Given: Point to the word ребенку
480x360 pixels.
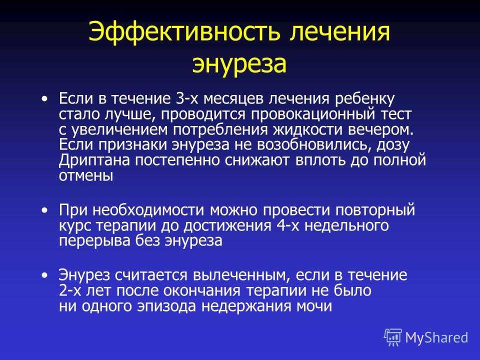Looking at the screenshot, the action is click(365, 99).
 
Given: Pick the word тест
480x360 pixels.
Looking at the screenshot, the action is click(396, 114).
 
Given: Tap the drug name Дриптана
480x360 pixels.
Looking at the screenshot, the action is click(94, 160).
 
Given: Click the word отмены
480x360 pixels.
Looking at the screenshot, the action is click(86, 176).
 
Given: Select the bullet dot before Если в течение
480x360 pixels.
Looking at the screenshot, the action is click(45, 99).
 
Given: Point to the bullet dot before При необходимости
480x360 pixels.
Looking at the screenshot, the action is click(45, 210).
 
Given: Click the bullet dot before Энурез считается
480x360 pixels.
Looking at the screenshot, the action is click(45, 275).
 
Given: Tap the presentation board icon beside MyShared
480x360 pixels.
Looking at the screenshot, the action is click(393, 337).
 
